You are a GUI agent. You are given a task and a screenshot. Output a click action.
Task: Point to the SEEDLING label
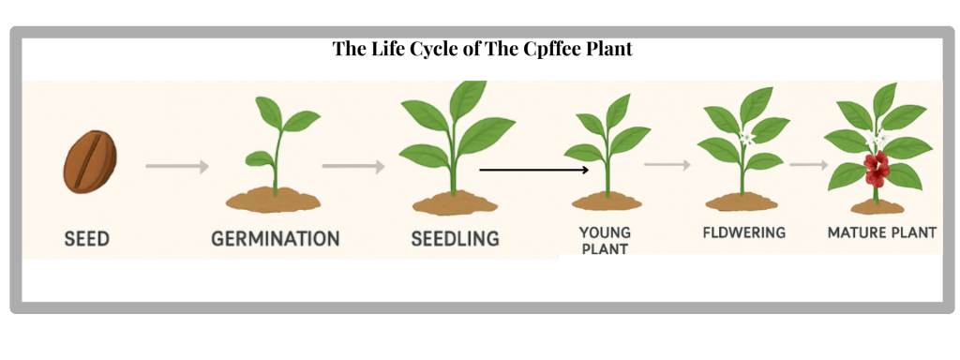click(455, 238)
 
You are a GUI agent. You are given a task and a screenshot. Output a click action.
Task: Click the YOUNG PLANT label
click(604, 240)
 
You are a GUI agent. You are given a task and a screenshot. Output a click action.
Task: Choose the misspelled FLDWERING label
click(743, 232)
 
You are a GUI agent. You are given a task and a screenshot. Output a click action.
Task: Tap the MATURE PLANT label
click(881, 232)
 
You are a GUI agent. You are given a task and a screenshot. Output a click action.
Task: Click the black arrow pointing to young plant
click(533, 171)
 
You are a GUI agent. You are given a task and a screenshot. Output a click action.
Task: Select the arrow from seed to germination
click(176, 167)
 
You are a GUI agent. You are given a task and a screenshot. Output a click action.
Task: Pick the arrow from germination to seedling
click(353, 167)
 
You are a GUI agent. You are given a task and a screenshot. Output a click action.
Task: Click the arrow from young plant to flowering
click(667, 165)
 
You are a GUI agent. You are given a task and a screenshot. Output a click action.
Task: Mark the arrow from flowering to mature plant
click(808, 165)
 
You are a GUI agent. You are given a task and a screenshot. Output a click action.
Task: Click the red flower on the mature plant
click(877, 169)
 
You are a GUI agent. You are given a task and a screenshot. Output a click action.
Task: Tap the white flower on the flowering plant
click(747, 138)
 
